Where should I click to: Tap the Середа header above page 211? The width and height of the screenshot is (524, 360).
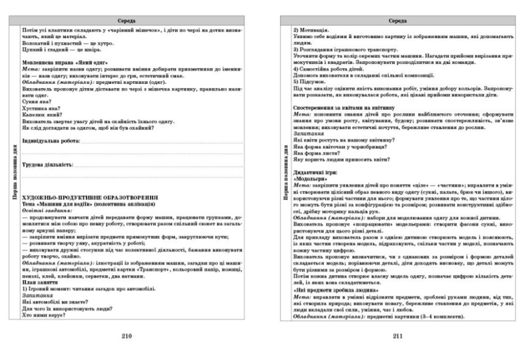pyautogui.click(x=397, y=20)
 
